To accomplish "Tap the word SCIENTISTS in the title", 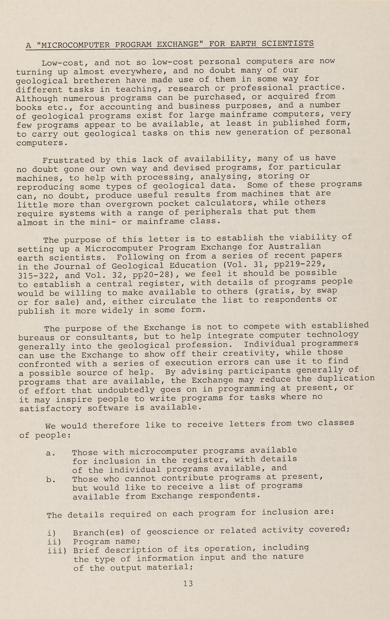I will pyautogui.click(x=288, y=43).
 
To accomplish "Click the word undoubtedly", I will pyautogui.click(x=126, y=390).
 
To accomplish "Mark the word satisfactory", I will pyautogui.click(x=50, y=408).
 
